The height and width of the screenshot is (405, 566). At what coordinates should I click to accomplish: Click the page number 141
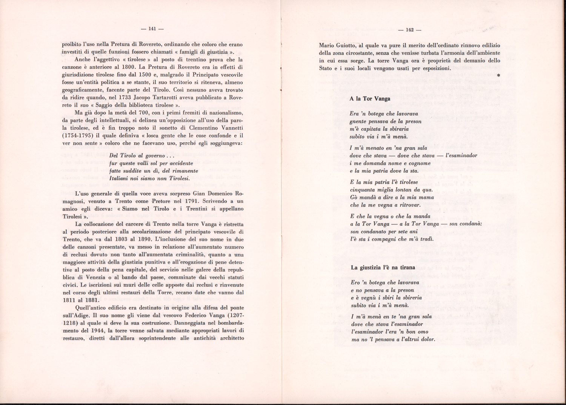[x=152, y=29]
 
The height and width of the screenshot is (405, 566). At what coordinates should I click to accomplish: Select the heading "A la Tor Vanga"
[x=370, y=99]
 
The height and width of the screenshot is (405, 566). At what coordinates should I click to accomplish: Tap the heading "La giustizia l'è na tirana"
[x=383, y=267]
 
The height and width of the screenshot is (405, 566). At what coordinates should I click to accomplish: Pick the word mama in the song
[x=426, y=197]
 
